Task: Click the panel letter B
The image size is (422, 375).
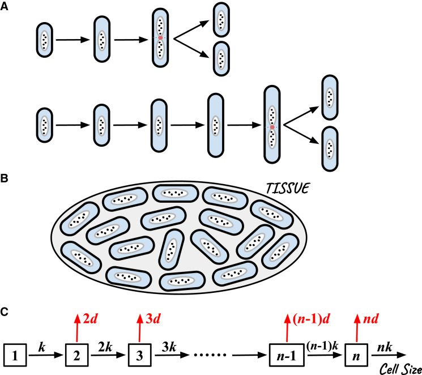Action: [5, 177]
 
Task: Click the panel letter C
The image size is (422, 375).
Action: [5, 313]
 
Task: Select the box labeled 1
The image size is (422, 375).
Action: [15, 356]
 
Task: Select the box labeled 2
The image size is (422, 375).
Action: [76, 356]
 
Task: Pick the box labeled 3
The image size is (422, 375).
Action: [139, 356]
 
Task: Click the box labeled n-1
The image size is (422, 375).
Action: [284, 356]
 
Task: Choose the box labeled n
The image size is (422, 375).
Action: [356, 356]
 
